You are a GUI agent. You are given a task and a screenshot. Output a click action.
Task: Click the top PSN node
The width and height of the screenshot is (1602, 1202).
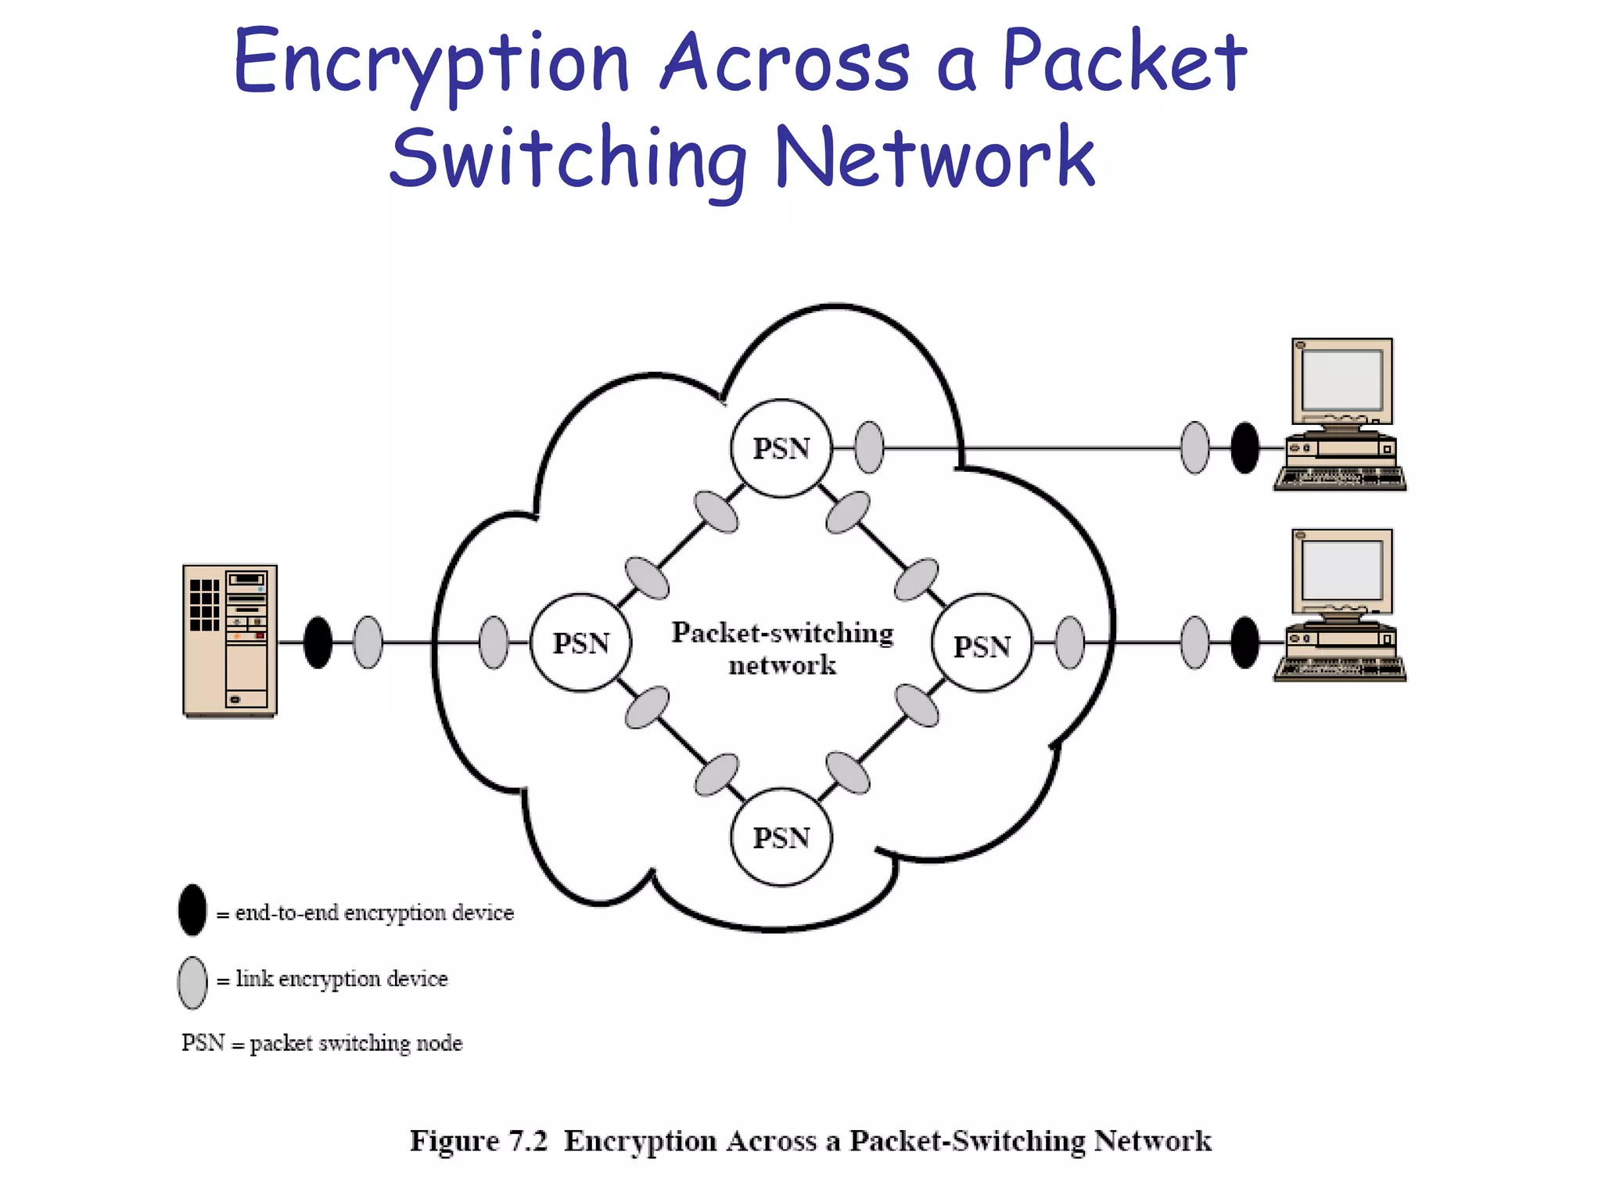[x=781, y=448]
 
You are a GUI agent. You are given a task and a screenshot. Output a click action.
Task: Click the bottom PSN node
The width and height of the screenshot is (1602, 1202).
[x=781, y=837]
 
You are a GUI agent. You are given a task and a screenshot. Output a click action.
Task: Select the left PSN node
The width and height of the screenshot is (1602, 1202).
[x=580, y=642]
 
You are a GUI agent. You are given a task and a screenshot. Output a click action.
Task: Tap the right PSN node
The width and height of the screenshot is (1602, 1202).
[x=982, y=646]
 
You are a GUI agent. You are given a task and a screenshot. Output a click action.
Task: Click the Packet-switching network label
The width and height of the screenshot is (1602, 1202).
[x=782, y=648]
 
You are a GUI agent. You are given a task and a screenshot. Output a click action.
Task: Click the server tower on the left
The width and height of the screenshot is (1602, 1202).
[x=229, y=640]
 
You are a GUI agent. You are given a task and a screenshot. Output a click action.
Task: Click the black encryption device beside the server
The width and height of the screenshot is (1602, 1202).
[x=318, y=642]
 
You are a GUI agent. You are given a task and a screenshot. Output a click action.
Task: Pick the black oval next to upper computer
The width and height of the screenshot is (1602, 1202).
[x=1245, y=448]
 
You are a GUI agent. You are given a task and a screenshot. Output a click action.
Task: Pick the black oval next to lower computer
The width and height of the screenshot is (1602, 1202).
[x=1245, y=642]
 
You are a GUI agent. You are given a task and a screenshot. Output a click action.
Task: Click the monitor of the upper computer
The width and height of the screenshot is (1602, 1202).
[x=1342, y=382]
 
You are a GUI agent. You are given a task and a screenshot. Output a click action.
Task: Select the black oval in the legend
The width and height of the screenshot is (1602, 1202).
[x=192, y=910]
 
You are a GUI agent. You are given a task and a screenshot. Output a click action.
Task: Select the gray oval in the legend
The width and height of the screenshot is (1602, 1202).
[x=192, y=982]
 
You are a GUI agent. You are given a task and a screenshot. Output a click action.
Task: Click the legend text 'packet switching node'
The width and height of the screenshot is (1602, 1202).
[x=356, y=1043]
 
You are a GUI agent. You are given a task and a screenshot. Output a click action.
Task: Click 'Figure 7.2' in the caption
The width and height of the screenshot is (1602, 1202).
[x=478, y=1140]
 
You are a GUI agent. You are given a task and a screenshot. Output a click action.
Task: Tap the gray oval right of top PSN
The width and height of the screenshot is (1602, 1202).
[x=869, y=448]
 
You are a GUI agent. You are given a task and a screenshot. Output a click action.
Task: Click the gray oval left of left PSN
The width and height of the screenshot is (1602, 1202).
[x=493, y=642]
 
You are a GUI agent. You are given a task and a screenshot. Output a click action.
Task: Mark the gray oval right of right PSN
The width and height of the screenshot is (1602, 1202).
[x=1070, y=642]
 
